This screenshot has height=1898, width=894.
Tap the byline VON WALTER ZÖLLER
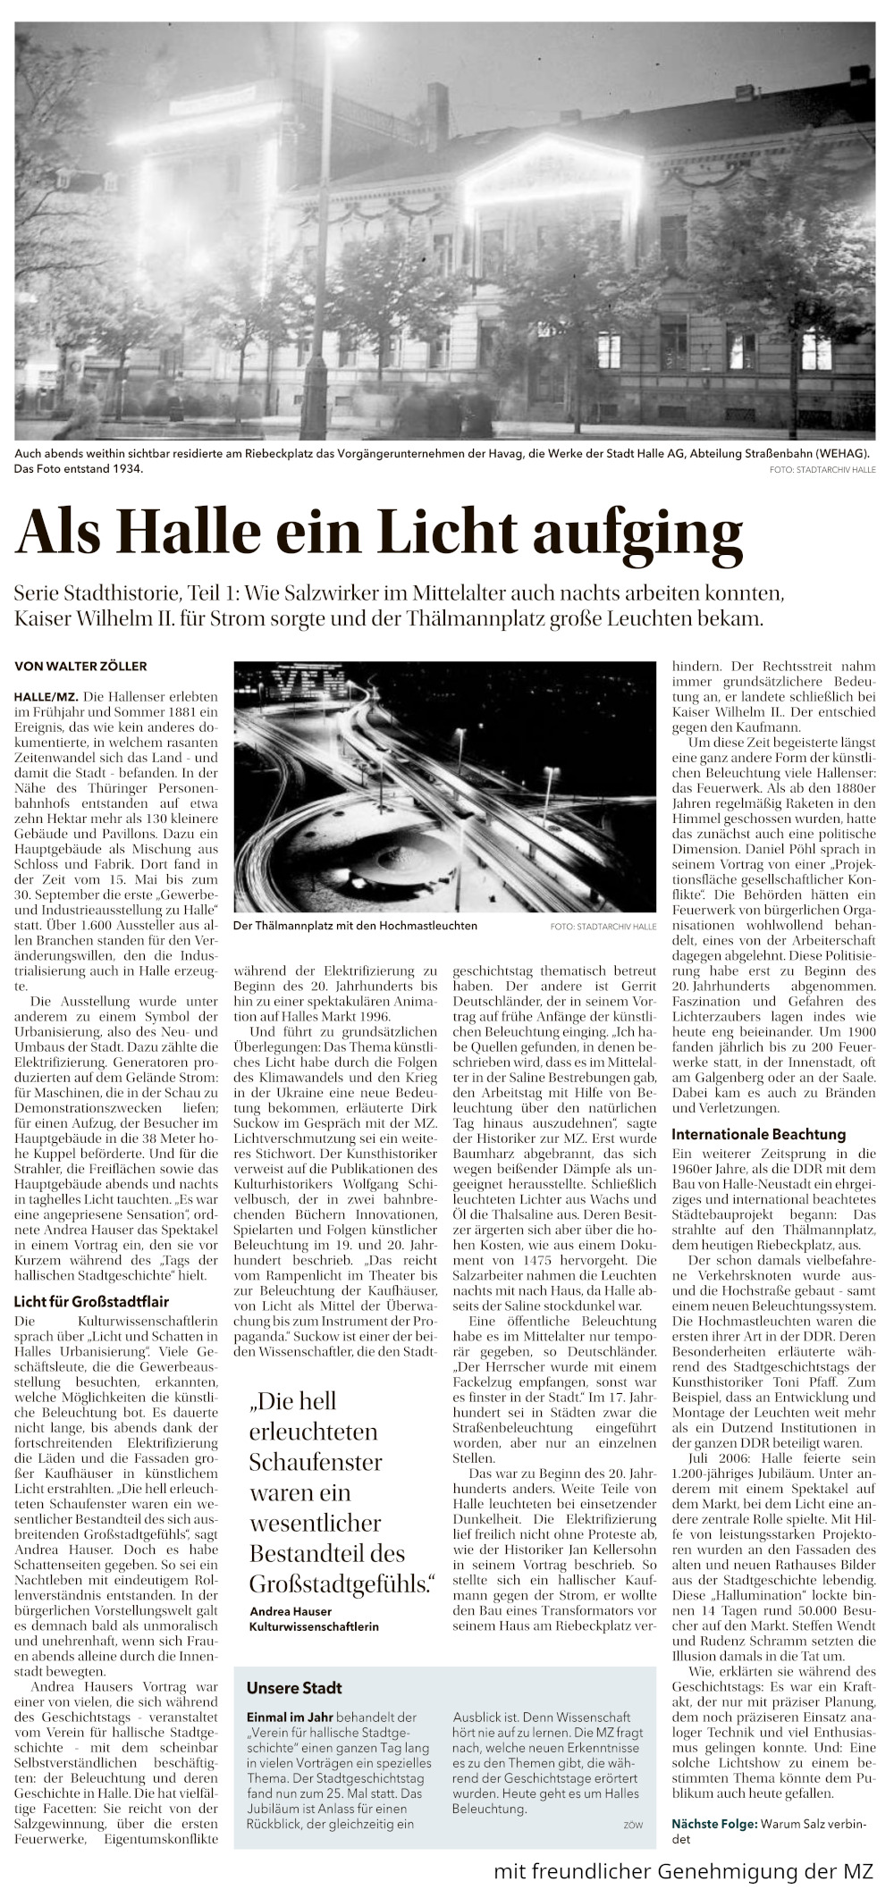click(80, 666)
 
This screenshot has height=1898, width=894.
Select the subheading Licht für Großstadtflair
click(91, 1301)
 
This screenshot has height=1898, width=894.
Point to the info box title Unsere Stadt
click(294, 1688)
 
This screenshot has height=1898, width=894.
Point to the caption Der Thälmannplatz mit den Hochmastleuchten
click(355, 926)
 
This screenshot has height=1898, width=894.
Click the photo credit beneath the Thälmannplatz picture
click(603, 927)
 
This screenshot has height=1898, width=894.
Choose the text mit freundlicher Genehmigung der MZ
click(683, 1870)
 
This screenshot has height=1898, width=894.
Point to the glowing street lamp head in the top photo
click(341, 38)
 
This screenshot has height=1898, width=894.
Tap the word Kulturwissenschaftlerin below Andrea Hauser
click(314, 1627)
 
